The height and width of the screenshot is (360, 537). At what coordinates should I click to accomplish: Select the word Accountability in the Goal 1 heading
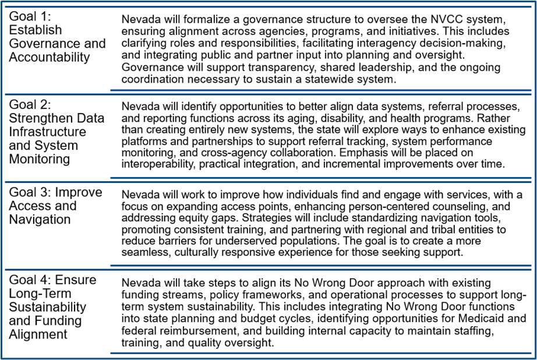50,57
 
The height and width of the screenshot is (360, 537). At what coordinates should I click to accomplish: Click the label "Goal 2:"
30,105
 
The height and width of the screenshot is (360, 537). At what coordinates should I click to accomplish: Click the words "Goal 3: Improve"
55,192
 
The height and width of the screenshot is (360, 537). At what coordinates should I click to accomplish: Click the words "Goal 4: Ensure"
52,280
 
